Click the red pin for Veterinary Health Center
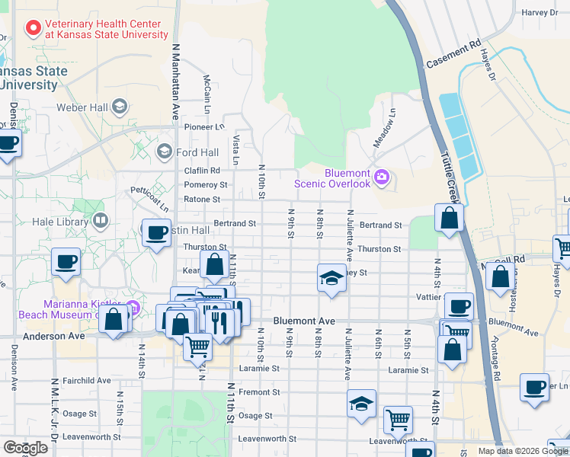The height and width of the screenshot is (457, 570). (34, 29)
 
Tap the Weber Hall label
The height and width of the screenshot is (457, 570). (82, 107)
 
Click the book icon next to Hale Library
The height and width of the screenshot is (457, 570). (100, 222)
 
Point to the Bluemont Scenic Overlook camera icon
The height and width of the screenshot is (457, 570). (381, 178)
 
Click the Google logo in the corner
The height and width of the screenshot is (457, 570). (24, 448)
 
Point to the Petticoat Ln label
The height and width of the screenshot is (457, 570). (148, 198)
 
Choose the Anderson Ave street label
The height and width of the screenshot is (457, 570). (53, 335)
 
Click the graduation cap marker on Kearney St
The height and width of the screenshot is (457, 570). (331, 277)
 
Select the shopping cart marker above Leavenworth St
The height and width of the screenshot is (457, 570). (398, 418)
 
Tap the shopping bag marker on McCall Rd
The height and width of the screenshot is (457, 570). (500, 279)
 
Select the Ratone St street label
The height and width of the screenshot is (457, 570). (201, 200)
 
